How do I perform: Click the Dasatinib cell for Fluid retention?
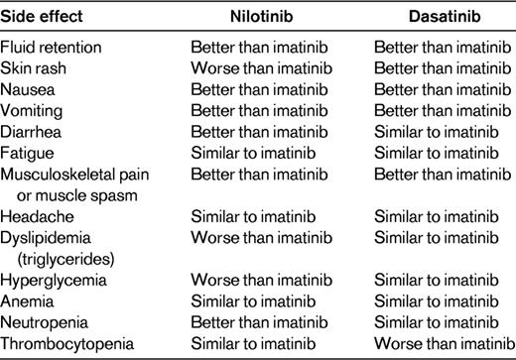click(x=439, y=48)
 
